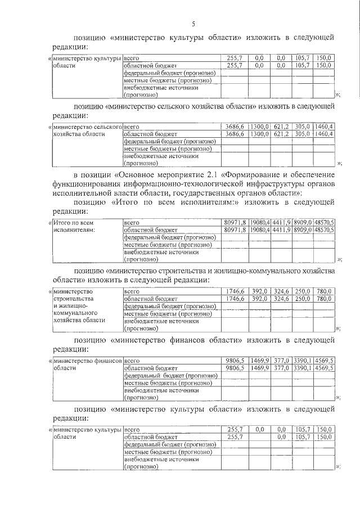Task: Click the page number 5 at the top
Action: (193, 24)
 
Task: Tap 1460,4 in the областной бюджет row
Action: (324, 134)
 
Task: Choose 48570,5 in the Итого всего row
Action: (324, 223)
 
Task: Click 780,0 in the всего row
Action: (325, 291)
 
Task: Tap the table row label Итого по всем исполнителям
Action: (74, 226)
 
